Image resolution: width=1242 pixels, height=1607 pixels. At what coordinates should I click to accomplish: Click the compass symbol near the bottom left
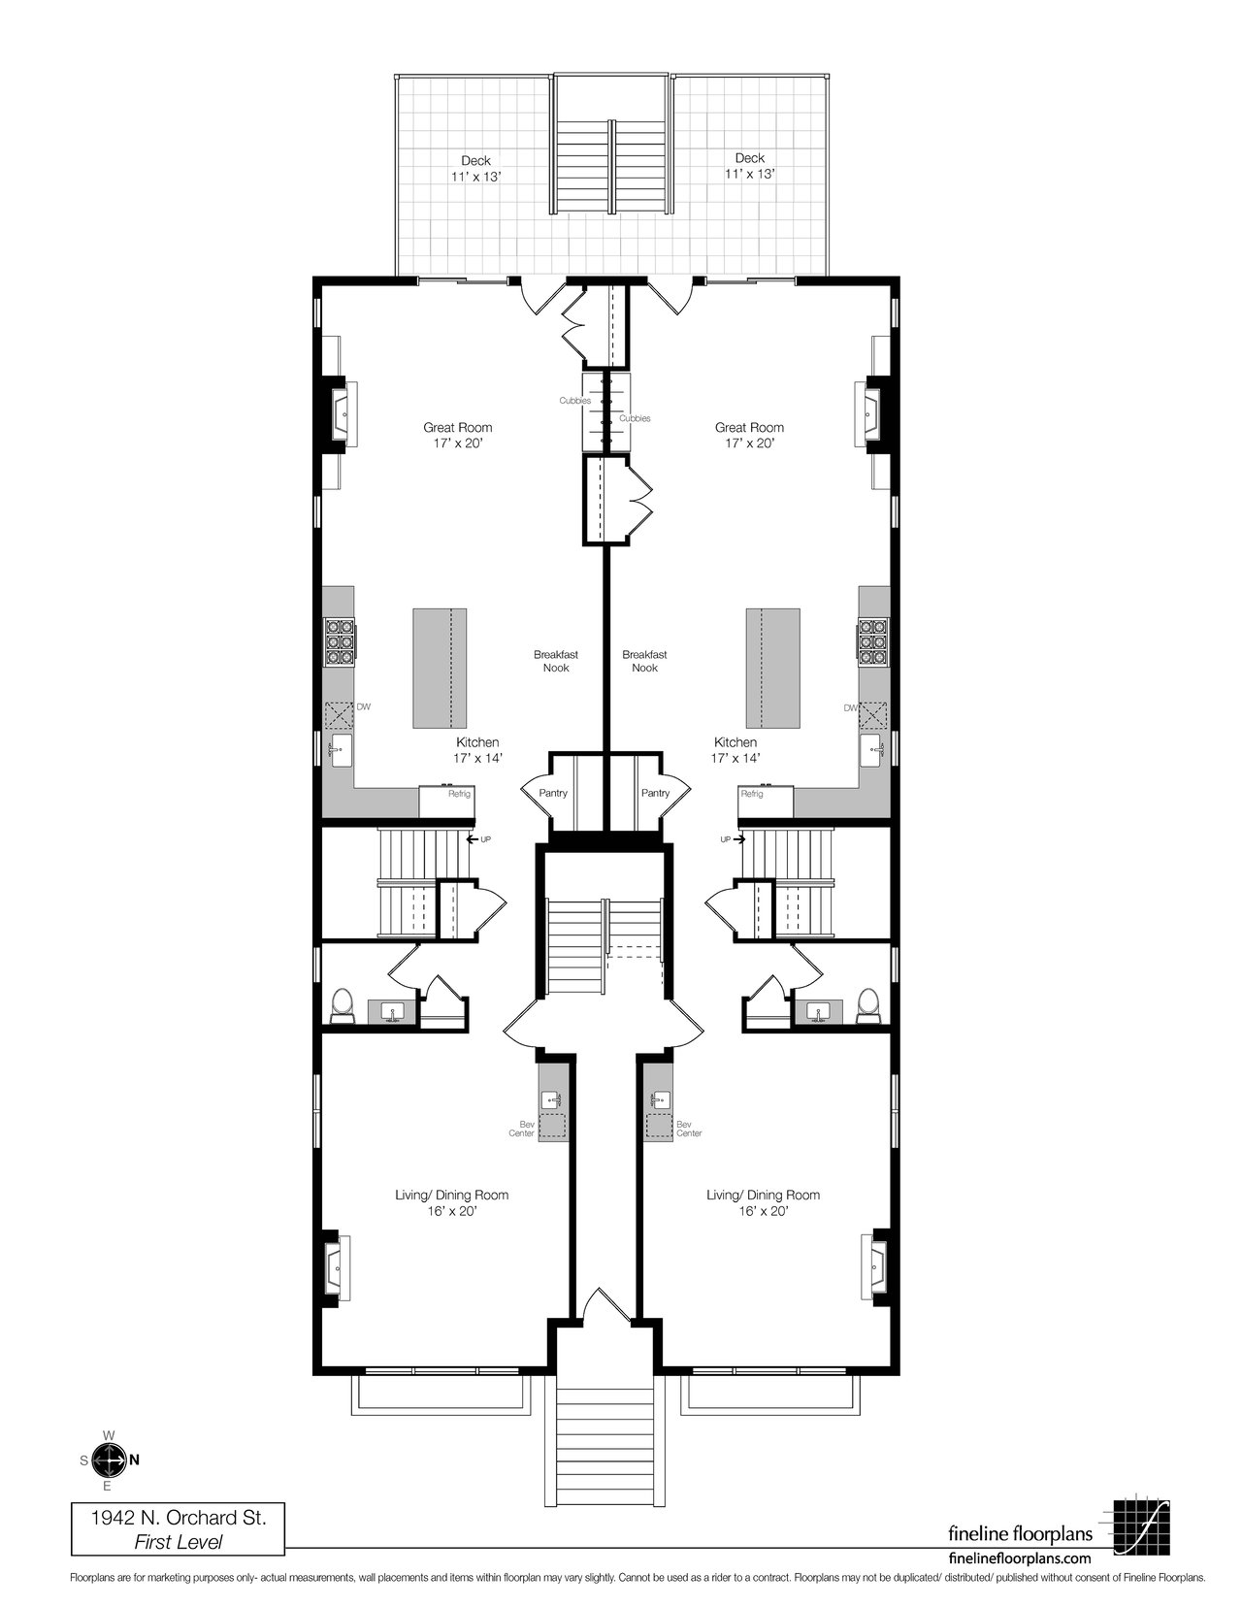coord(110,1459)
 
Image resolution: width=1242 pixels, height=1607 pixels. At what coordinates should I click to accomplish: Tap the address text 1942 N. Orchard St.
coord(179,1519)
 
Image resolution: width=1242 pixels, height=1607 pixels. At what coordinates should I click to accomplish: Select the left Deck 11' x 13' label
coord(476,169)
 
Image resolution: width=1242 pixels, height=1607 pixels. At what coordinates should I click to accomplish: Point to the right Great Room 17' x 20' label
coord(749,435)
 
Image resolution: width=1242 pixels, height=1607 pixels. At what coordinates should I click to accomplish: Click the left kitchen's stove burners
coord(340,641)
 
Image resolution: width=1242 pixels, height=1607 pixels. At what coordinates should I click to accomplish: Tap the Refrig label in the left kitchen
coord(459,794)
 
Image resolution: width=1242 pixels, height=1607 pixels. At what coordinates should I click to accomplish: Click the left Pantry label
coord(553,793)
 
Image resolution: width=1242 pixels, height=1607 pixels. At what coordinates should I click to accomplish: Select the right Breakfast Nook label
coord(644,661)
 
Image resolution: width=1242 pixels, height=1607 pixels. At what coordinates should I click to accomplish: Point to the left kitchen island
coord(440,668)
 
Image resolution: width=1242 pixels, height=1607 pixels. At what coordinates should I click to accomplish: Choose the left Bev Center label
coord(522,1129)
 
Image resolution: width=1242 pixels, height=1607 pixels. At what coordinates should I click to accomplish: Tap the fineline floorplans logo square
coord(1141,1524)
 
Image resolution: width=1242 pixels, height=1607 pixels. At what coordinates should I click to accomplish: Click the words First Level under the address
coord(179,1542)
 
